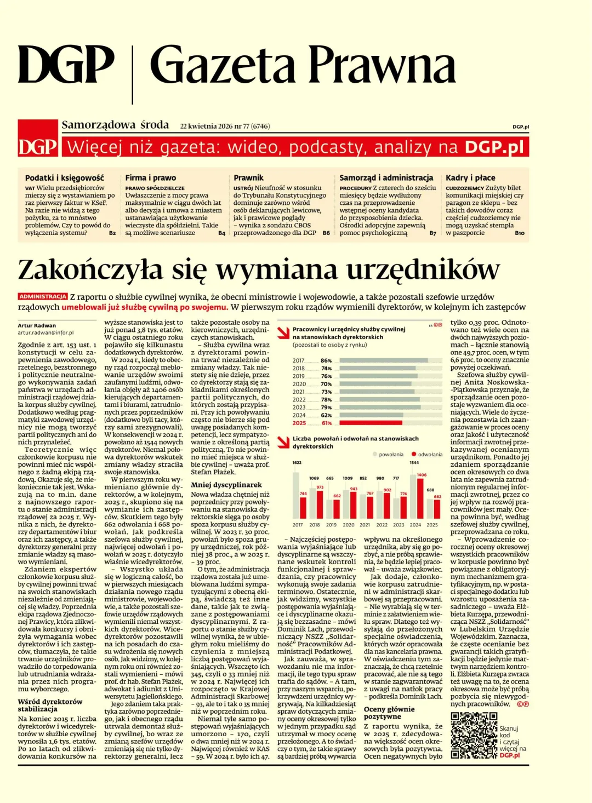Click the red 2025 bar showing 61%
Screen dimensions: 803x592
point(371,423)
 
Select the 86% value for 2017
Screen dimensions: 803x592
point(326,360)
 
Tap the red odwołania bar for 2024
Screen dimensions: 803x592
point(420,498)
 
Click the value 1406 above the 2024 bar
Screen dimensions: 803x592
point(421,475)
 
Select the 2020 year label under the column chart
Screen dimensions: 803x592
point(348,525)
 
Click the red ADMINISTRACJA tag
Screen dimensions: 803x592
point(43,296)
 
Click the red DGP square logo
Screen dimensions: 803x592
point(37,139)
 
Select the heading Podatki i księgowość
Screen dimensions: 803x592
point(64,177)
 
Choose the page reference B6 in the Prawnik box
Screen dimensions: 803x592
point(326,233)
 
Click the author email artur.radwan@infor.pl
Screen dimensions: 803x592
point(45,332)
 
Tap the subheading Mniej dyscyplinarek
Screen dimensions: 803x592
point(226,485)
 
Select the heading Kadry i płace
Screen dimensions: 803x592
point(470,177)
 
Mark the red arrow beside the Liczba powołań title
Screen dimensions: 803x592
point(283,441)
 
